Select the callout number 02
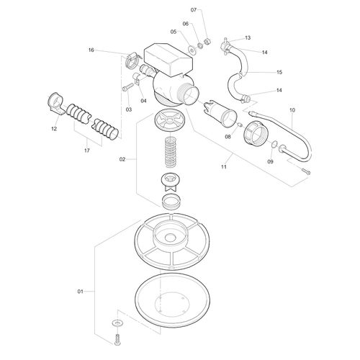(122, 158)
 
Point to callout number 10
(292, 110)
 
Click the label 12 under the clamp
(53, 129)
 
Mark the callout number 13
(248, 37)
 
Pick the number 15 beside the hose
(279, 72)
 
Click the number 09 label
(271, 163)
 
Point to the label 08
(227, 136)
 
